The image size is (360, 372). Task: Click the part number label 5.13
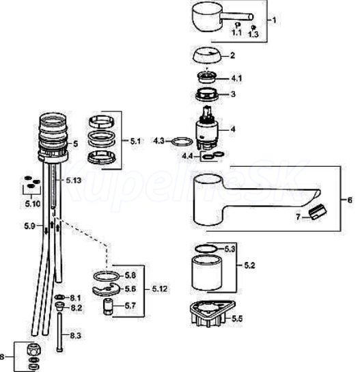click(x=74, y=181)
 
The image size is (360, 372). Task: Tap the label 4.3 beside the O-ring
click(x=158, y=141)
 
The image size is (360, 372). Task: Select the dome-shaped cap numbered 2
click(x=206, y=55)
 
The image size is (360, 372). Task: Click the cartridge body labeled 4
click(x=207, y=129)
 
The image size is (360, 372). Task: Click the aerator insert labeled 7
click(x=318, y=212)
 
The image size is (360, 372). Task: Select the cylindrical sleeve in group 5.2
click(x=206, y=273)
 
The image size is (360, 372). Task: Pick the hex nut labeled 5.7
click(x=108, y=306)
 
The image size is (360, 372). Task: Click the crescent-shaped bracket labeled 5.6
click(x=105, y=289)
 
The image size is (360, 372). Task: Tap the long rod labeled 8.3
click(x=59, y=332)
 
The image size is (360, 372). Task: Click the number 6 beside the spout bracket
click(x=350, y=200)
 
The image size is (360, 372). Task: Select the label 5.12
click(x=160, y=289)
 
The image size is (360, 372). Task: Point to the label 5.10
click(x=33, y=204)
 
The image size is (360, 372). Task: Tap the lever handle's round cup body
click(x=207, y=18)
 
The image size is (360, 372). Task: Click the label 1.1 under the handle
click(x=236, y=33)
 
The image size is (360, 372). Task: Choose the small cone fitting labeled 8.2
click(x=59, y=306)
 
